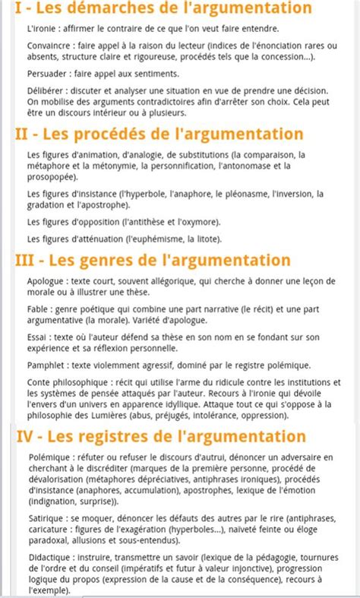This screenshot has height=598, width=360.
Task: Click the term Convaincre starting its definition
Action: click(x=45, y=45)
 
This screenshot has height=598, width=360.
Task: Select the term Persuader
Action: click(x=44, y=73)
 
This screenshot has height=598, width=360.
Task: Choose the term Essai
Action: click(x=36, y=338)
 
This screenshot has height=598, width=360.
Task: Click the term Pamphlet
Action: click(x=45, y=365)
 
